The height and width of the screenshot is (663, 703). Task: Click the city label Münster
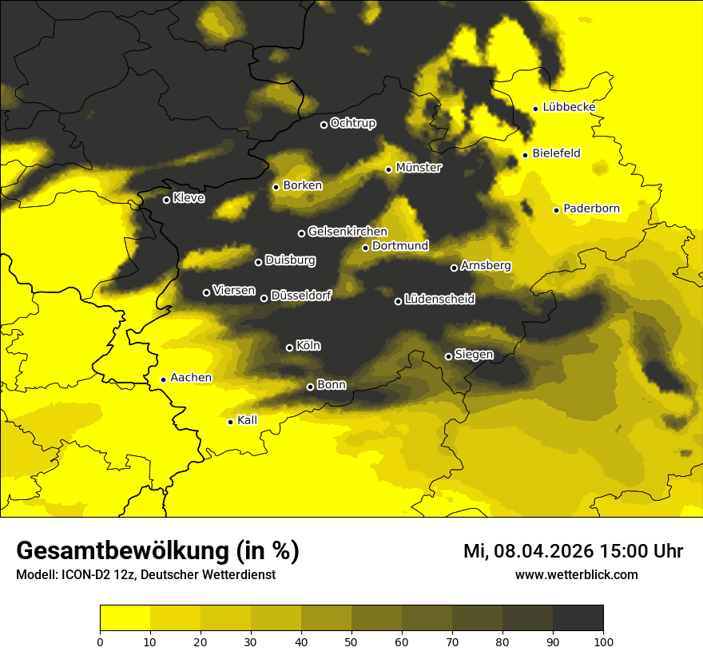pos(419,168)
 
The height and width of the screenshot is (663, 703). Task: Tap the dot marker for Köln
pos(289,347)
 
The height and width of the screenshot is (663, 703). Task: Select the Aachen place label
pos(191,378)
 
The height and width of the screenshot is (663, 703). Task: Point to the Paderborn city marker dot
pos(557,210)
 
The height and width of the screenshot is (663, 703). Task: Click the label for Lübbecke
pos(569,107)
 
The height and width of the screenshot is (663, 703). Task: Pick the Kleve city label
pos(189,198)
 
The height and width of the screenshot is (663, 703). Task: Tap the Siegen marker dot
pos(448,356)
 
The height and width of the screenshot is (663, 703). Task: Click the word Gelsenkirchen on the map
pos(348,232)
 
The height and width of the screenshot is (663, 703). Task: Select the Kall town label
pos(247,420)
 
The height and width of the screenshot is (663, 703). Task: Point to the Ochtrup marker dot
pos(324,125)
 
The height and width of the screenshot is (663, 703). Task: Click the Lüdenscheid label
pos(439,300)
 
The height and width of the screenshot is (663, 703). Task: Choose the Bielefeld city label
pos(556,153)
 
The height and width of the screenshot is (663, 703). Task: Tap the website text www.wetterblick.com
pos(576,575)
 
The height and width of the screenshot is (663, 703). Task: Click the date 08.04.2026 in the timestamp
pos(542,551)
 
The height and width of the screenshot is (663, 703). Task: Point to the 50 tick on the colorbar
pos(351,641)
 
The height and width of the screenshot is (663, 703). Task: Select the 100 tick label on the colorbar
pos(603,641)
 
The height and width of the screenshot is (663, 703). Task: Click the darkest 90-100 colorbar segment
pos(578,617)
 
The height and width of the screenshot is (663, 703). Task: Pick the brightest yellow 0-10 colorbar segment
pos(125,617)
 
